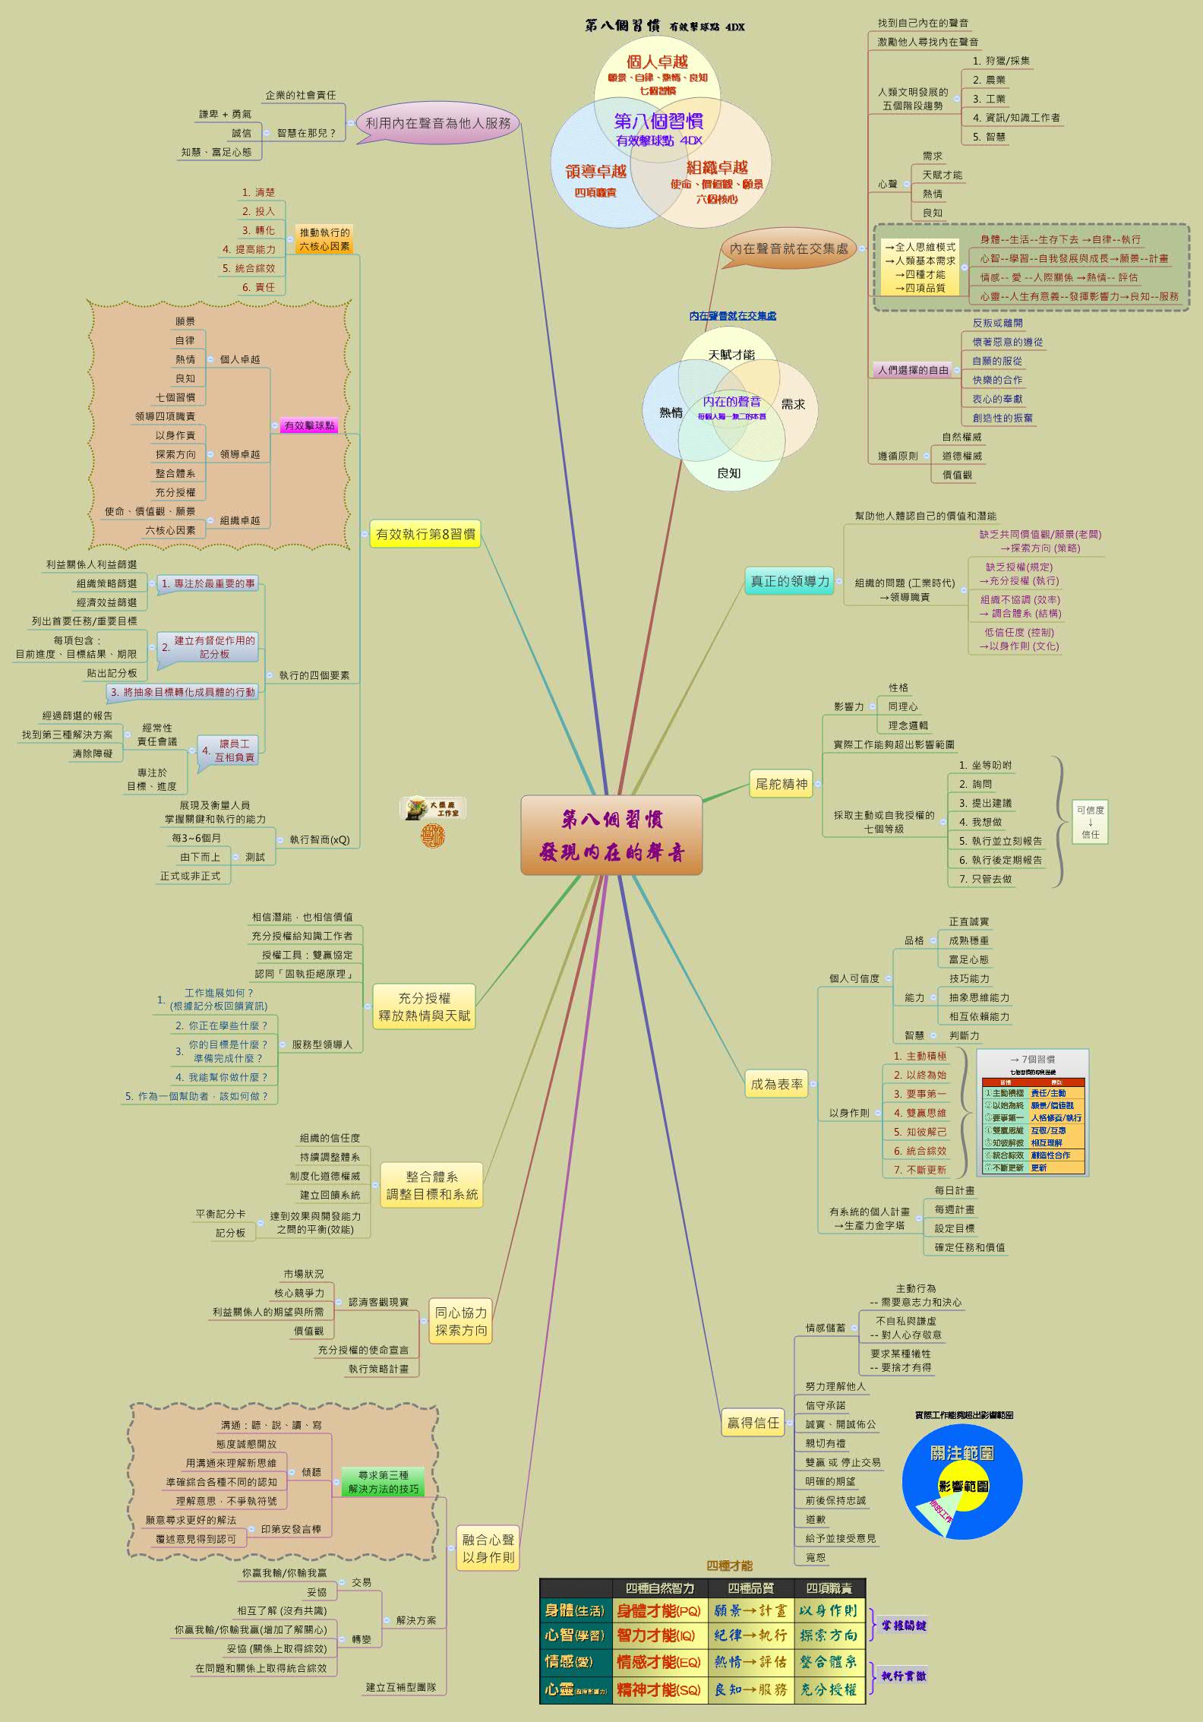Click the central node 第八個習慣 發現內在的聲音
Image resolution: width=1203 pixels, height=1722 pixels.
pyautogui.click(x=611, y=835)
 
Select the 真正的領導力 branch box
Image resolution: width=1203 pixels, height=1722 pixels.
pyautogui.click(x=790, y=581)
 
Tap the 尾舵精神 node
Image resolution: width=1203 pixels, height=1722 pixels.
pyautogui.click(x=781, y=784)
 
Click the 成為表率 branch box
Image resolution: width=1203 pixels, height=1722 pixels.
pyautogui.click(x=776, y=1084)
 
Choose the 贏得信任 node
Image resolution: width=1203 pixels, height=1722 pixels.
pyautogui.click(x=753, y=1423)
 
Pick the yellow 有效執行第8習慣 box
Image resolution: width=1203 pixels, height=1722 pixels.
pyautogui.click(x=425, y=534)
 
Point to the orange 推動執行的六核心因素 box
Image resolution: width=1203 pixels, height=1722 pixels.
pyautogui.click(x=324, y=239)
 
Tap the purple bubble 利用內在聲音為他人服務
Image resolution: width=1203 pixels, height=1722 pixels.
pyautogui.click(x=438, y=123)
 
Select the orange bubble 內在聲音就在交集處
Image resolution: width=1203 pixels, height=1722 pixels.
pyautogui.click(x=788, y=249)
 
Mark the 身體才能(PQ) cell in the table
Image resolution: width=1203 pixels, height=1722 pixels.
pyautogui.click(x=658, y=1610)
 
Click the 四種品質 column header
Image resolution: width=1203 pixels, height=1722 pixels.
pyautogui.click(x=750, y=1588)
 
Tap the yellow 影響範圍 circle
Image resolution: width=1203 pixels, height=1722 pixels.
pyautogui.click(x=963, y=1486)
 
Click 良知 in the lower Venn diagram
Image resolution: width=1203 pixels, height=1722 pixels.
pyautogui.click(x=728, y=473)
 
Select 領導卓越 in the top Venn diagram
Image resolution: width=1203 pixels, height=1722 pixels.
pyautogui.click(x=595, y=172)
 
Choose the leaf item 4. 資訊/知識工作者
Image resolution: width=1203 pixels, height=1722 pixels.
pyautogui.click(x=1016, y=118)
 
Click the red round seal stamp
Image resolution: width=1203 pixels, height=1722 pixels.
pyautogui.click(x=433, y=836)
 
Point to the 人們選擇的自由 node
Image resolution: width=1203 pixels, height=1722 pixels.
pyautogui.click(x=913, y=370)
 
